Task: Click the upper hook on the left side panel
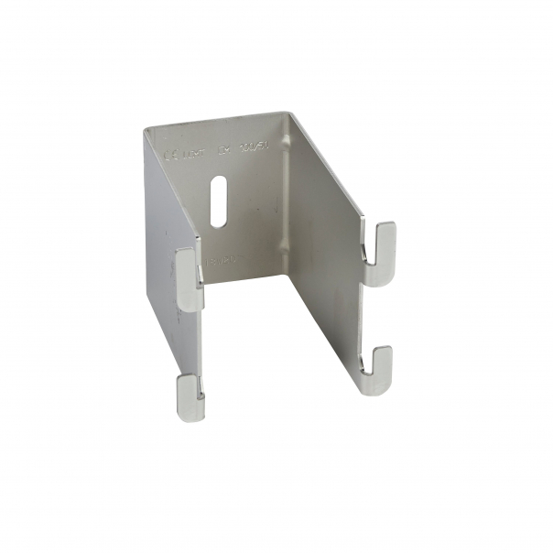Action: [190, 278]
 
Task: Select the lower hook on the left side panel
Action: [188, 392]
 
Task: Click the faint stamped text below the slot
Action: [221, 260]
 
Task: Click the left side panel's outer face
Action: [160, 256]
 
